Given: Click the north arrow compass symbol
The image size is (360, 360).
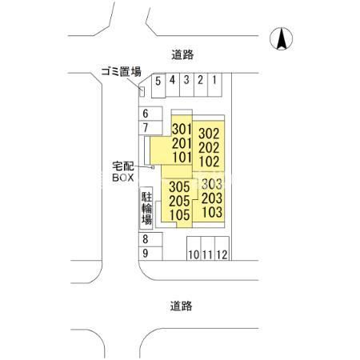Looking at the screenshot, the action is [281, 38].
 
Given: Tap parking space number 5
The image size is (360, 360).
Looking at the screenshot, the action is [158, 86].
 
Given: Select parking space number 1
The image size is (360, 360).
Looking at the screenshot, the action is [214, 85].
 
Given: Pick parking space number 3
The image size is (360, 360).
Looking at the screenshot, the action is [186, 85].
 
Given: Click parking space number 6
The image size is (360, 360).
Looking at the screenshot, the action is [150, 114].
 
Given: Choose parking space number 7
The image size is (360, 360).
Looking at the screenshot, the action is [150, 128].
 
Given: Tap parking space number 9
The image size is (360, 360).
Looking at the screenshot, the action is [150, 254].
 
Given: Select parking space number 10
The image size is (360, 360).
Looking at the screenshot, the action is [194, 248].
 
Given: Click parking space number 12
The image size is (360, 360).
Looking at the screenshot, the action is [222, 248].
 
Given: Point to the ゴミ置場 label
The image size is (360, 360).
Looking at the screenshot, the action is [122, 72].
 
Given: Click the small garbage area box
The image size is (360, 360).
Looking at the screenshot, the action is [142, 91].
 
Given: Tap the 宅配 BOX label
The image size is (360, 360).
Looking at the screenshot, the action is [123, 172].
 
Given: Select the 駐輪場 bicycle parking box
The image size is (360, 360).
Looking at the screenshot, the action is [146, 208].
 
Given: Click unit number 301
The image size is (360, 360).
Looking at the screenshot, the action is [182, 130].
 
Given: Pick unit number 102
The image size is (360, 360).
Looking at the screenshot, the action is [209, 162].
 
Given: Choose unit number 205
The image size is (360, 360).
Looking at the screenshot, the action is [179, 201].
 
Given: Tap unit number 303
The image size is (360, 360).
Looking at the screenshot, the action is [212, 184].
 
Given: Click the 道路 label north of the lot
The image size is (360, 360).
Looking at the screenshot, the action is [182, 55].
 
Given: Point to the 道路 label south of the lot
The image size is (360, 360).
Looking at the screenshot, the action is [182, 306].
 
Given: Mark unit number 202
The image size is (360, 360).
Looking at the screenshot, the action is [209, 148].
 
